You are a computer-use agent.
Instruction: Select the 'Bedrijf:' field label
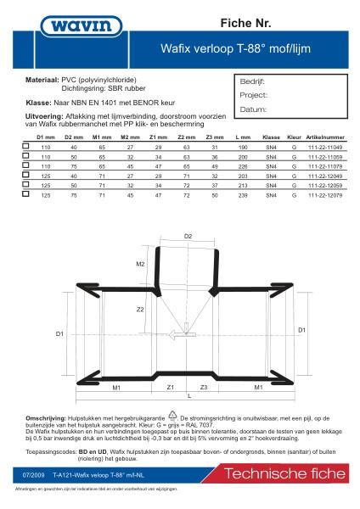coord(254,83)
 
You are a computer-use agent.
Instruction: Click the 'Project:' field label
coord(254,96)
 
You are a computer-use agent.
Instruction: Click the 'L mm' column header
coord(243,137)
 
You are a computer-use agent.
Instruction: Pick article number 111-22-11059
coord(325,158)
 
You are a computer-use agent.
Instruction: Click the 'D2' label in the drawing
coord(188,235)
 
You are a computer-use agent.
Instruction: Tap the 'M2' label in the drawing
coord(141,264)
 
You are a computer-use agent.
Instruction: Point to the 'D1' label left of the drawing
coord(60,335)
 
